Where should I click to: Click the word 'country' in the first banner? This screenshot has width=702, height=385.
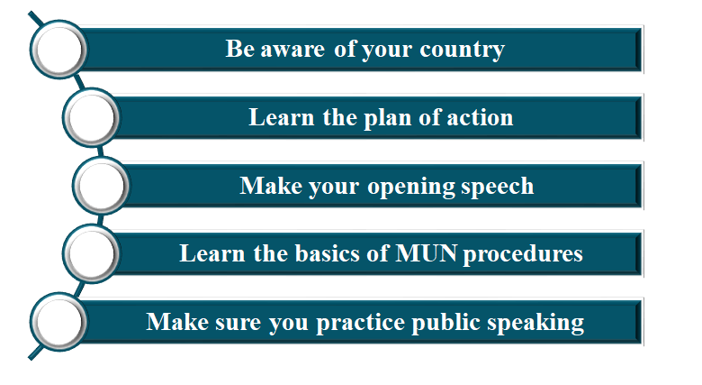click(462, 50)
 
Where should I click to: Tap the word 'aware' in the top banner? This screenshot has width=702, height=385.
click(292, 50)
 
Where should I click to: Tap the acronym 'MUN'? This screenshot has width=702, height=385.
click(427, 253)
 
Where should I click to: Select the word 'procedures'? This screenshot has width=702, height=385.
click(523, 254)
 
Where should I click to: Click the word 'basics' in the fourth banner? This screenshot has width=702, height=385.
click(328, 253)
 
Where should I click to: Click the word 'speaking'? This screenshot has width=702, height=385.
click(535, 323)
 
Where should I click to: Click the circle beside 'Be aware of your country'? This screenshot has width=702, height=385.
click(58, 50)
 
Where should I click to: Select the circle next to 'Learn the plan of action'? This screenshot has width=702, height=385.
click(91, 117)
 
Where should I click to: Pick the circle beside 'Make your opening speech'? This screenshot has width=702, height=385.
click(101, 186)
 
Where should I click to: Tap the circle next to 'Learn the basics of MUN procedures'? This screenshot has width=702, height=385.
click(91, 254)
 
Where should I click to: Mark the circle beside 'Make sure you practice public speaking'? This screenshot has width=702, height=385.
click(58, 322)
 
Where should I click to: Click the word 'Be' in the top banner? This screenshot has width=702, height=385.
click(240, 49)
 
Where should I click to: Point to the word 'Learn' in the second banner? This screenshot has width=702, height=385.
click(282, 117)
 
